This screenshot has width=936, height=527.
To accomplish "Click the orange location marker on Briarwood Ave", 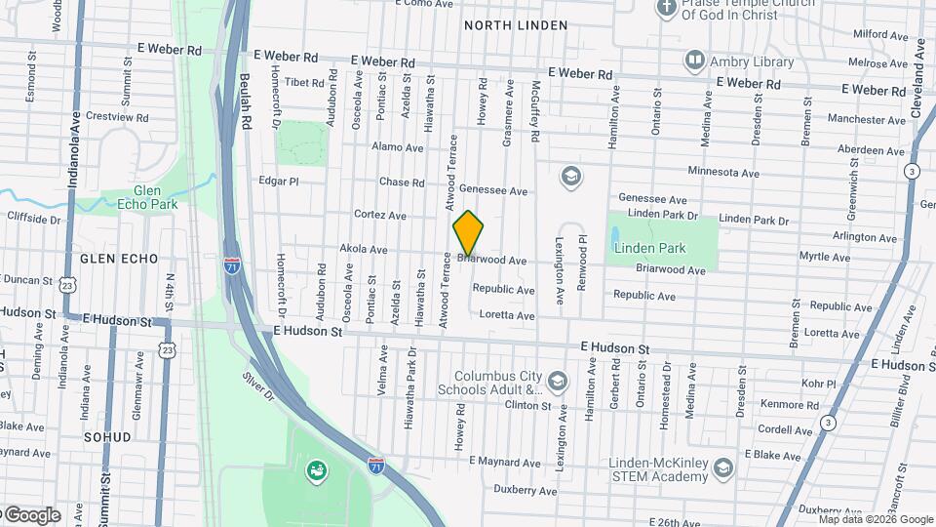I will (468, 233).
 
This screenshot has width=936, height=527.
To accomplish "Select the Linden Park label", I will (647, 248).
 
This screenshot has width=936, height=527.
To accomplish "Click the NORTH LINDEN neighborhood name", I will (507, 24).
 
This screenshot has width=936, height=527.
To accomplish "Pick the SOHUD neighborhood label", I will (106, 437).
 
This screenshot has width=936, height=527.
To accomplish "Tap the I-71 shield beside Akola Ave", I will (232, 265).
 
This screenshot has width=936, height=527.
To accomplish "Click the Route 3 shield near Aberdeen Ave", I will (911, 171).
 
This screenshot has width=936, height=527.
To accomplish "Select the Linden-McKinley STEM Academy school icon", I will (722, 468).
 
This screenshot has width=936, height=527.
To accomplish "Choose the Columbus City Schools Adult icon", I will (558, 380).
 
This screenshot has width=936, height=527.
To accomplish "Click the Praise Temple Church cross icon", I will (667, 9).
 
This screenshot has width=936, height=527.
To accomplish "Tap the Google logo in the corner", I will (31, 515).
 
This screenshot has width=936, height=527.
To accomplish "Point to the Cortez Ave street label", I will (379, 215).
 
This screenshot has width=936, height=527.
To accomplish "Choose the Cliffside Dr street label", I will (34, 220).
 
